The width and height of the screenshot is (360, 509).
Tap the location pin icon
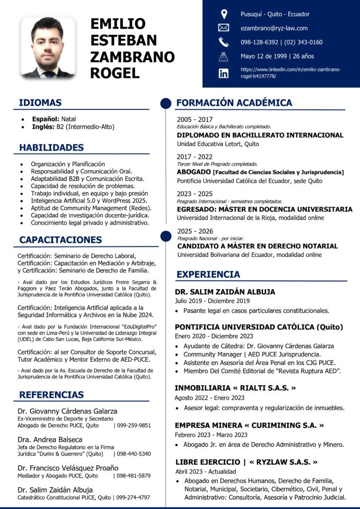[224, 14]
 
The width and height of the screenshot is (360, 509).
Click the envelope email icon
[224, 28]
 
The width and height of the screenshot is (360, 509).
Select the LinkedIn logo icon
[224, 73]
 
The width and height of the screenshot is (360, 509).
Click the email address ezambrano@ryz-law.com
[274, 28]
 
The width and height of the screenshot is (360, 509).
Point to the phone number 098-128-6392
[259, 42]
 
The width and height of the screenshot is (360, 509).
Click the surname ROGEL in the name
[115, 73]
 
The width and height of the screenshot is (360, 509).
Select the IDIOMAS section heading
[40, 103]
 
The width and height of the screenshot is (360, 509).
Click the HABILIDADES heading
[51, 148]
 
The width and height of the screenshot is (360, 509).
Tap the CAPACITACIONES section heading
[60, 240]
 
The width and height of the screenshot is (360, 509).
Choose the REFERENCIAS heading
[51, 395]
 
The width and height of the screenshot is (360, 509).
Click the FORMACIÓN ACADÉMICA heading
[234, 103]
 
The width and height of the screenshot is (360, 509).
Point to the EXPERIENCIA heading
[208, 274]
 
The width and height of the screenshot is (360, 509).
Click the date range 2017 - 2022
[194, 156]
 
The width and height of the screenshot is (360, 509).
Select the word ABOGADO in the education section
[193, 172]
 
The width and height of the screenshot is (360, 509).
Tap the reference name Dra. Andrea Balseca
[50, 439]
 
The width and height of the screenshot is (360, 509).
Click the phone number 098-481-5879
[133, 476]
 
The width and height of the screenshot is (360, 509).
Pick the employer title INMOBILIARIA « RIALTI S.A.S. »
[235, 388]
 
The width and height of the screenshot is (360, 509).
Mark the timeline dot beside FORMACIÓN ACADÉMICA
[166, 103]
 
